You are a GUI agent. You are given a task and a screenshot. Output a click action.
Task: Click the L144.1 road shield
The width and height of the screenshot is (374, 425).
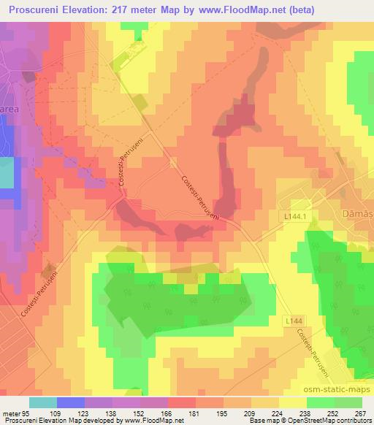(289, 217)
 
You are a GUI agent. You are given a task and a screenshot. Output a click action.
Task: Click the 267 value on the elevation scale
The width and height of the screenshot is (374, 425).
(360, 413)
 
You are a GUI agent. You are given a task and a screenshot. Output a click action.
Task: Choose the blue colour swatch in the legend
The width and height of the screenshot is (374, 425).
(70, 402)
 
